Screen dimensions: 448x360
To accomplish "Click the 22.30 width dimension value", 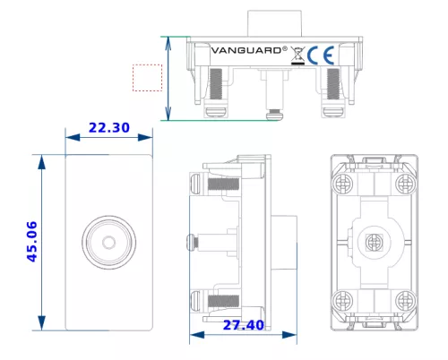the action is tap(109, 128).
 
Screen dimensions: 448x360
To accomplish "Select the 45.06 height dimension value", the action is tap(32, 242).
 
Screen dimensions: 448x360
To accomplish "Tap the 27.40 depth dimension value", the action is tap(244, 325).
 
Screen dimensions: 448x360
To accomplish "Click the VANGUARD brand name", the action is tap(246, 50).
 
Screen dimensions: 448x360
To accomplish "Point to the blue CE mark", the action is tap(321, 56).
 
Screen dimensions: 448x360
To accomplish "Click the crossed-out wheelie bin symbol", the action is tap(297, 56).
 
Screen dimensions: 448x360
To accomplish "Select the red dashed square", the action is tap(148, 78).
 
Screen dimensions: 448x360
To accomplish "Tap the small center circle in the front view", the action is tap(109, 242).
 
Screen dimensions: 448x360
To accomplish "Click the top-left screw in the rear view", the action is tap(342, 184).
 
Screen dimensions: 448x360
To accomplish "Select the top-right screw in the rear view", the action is tap(406, 184).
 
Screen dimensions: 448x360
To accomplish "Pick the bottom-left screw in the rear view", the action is tap(342, 300).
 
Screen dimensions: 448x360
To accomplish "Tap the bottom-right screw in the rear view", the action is tap(406, 300).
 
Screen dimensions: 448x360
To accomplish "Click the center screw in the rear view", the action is tap(375, 242).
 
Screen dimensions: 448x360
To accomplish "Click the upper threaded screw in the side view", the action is tap(223, 184).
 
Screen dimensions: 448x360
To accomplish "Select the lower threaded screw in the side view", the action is tap(223, 301).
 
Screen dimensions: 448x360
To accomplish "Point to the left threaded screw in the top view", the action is tap(216, 84).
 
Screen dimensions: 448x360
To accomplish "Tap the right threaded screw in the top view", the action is tap(333, 84).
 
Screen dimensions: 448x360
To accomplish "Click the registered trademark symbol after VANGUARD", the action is tap(285, 49).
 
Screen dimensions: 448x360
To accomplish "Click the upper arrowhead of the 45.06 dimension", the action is tap(41, 163).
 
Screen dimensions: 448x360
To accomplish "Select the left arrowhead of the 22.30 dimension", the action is tap(73, 137).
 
